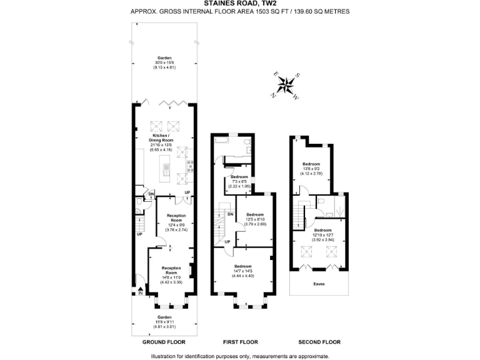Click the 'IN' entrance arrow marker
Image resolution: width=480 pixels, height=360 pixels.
pyautogui.click(x=141, y=291)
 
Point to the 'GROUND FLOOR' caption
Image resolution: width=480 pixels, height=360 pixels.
pyautogui.click(x=162, y=342)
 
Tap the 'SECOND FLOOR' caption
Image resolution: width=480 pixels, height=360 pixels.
pyautogui.click(x=319, y=342)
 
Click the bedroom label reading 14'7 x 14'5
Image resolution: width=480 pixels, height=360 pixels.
pyautogui.click(x=244, y=269)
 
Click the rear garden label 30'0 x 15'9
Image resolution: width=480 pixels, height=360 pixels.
pyautogui.click(x=164, y=62)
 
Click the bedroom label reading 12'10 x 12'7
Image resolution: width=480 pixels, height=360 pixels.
pyautogui.click(x=323, y=234)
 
